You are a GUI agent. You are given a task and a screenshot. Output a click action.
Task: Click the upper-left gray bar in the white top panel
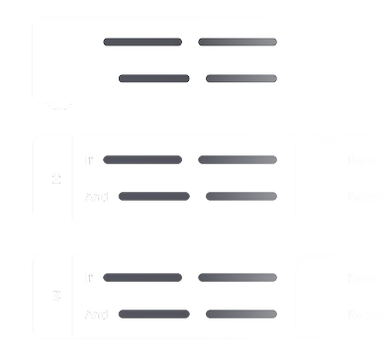(x=143, y=43)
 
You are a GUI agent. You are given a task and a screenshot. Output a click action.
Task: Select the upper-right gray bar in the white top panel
(x=238, y=43)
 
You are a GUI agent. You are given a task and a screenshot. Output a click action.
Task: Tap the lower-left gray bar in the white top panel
(x=153, y=78)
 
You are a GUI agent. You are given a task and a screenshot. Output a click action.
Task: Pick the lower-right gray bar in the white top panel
(x=241, y=78)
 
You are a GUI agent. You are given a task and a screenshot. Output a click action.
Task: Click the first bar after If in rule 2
(x=143, y=159)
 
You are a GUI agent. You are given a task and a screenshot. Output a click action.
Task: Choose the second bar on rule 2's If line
(x=238, y=159)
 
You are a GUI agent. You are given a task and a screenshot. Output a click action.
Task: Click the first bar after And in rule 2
(x=153, y=197)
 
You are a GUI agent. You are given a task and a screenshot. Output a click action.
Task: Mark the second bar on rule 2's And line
(x=241, y=197)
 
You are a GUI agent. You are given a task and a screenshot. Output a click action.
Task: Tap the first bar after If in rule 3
(x=143, y=278)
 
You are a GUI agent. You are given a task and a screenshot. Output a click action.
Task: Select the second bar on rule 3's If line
(x=238, y=278)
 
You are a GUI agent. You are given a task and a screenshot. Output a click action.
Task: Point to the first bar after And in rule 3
(x=153, y=315)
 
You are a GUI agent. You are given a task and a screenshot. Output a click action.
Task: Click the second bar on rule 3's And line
(x=241, y=315)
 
